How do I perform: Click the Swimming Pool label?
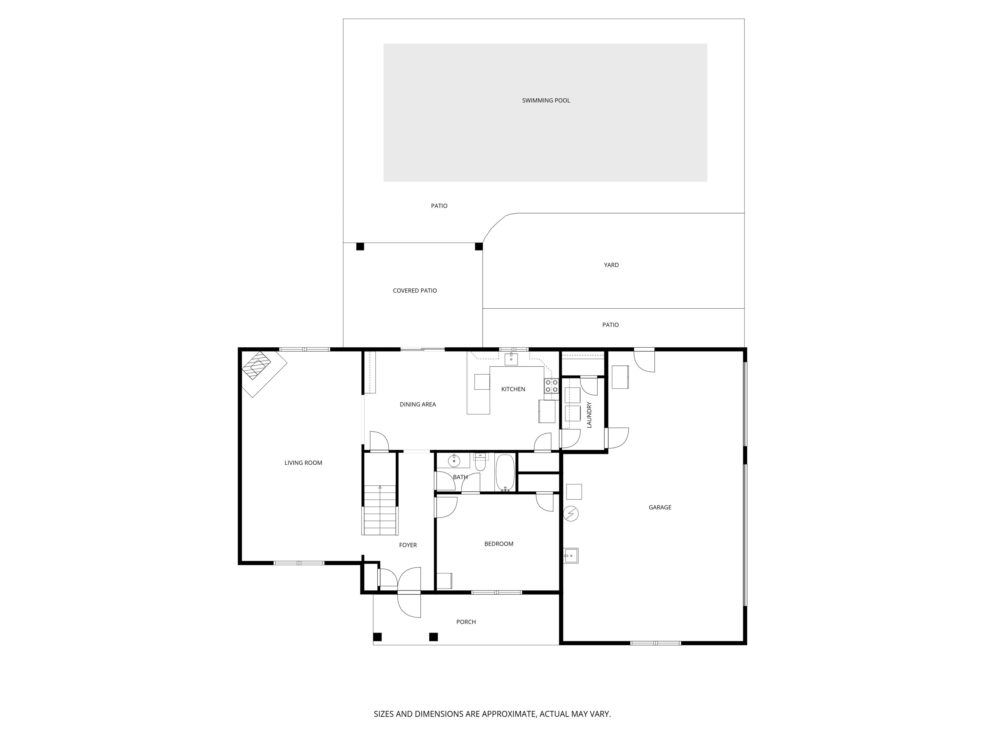coord(546,100)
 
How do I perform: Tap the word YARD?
coord(611,265)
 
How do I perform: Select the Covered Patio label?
coord(415,290)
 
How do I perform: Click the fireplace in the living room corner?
coord(257,366)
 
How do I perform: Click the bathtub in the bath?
coord(505,472)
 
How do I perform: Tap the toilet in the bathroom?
coord(480,463)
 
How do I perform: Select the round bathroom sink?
coord(454,461)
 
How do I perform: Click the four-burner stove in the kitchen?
coord(551,386)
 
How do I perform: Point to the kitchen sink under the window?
coord(511,359)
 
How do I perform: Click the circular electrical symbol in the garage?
coord(571,514)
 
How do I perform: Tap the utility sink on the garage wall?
coord(570,556)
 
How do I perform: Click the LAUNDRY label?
coord(589,415)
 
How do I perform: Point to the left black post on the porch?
coord(377,637)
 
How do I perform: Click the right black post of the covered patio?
coord(479,246)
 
